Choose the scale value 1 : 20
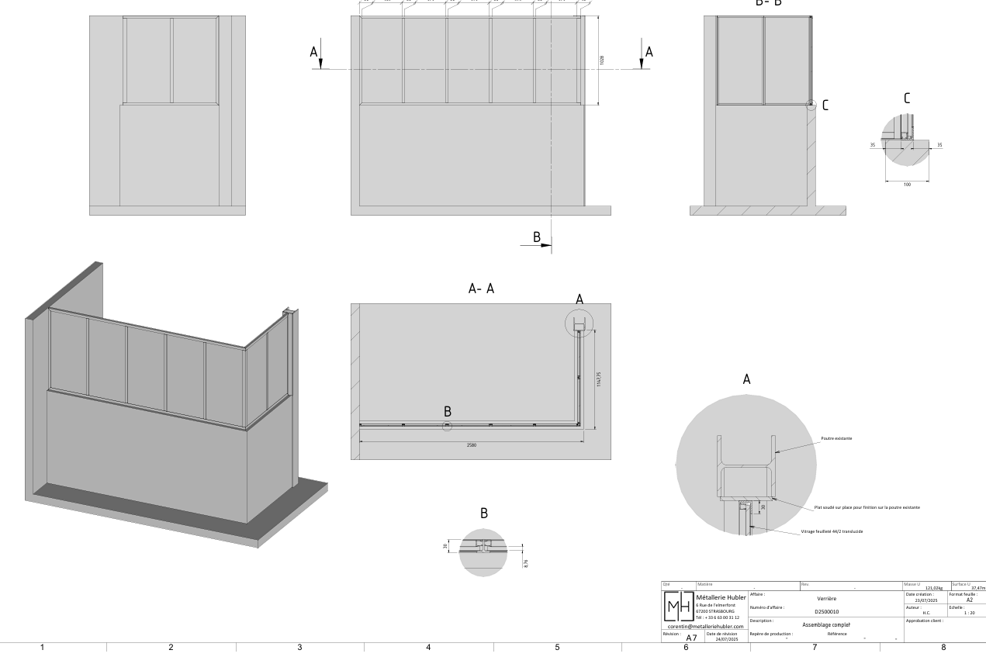(968, 613)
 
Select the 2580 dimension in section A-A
(471, 445)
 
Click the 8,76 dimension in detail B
(526, 563)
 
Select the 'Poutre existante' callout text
(836, 438)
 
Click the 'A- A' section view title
(481, 289)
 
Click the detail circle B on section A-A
(447, 425)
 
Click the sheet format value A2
(969, 600)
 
